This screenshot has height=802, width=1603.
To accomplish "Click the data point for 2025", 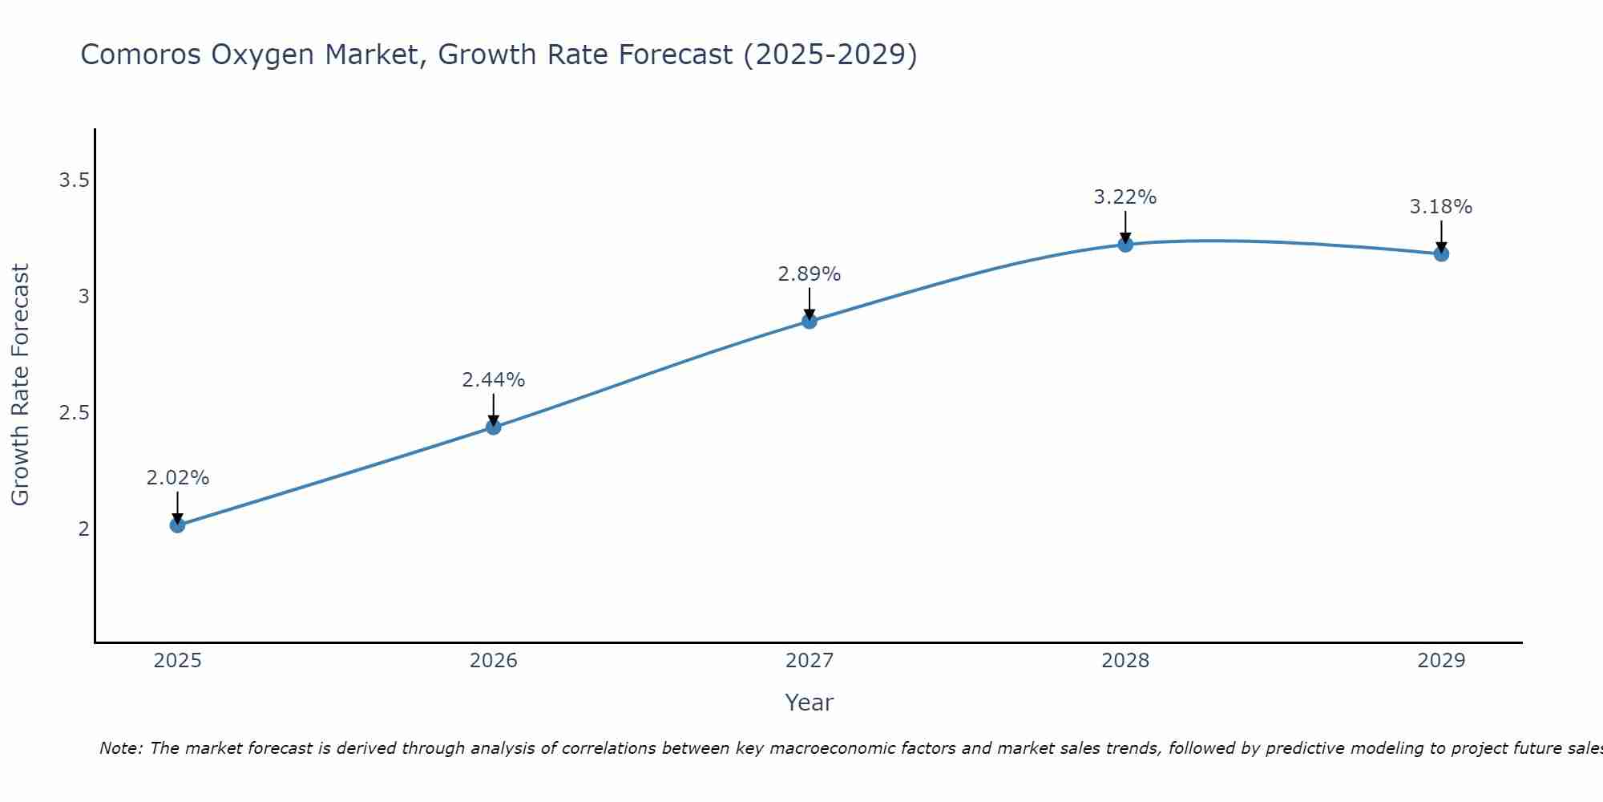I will pos(178,525).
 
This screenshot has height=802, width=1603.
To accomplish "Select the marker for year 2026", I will pos(494,427).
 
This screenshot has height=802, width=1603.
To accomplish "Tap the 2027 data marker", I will pos(810,322).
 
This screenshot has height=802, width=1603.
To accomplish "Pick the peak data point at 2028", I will pos(1125,245).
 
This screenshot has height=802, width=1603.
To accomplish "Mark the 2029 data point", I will pos(1441,254).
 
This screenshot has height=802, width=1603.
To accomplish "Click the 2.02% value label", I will pos(178,478).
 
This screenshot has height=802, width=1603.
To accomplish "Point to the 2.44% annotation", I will pos(494,380).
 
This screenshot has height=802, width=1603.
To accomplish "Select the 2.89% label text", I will pos(810,274).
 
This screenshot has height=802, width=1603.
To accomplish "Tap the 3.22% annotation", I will pos(1125,197).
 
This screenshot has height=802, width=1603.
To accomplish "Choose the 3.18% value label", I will pos(1441,207).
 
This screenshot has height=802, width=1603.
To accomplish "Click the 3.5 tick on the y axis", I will pos(74,180).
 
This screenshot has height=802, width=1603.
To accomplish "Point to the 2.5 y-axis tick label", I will pos(74,413).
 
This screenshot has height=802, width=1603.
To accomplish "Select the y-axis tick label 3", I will pos(83,297).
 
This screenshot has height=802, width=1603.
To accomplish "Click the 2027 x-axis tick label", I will pos(810,661).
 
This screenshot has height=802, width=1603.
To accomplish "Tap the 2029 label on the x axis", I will pos(1441,661).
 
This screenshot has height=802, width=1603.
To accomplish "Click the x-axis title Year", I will pos(810,703).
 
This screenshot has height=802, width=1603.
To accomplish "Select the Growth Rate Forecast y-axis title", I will pos(20,385).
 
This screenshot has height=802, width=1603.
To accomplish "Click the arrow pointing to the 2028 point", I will pos(1125,226).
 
